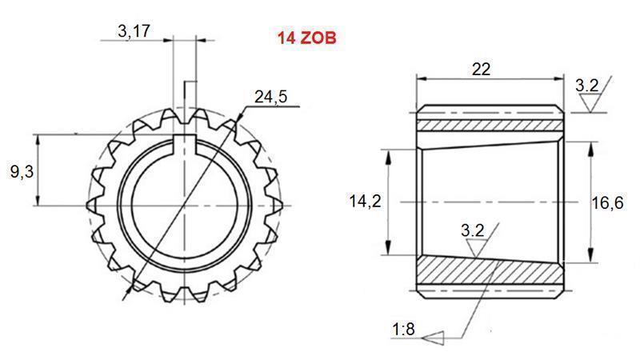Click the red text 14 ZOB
point(306,38)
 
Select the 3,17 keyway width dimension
point(134,32)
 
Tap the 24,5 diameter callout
point(270,97)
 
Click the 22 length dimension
point(481,69)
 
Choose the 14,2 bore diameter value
point(364,202)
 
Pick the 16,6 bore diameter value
point(607,203)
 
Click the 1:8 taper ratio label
point(403,329)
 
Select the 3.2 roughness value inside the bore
point(473,230)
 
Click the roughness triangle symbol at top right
point(591,102)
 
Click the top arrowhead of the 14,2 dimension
point(387,152)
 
